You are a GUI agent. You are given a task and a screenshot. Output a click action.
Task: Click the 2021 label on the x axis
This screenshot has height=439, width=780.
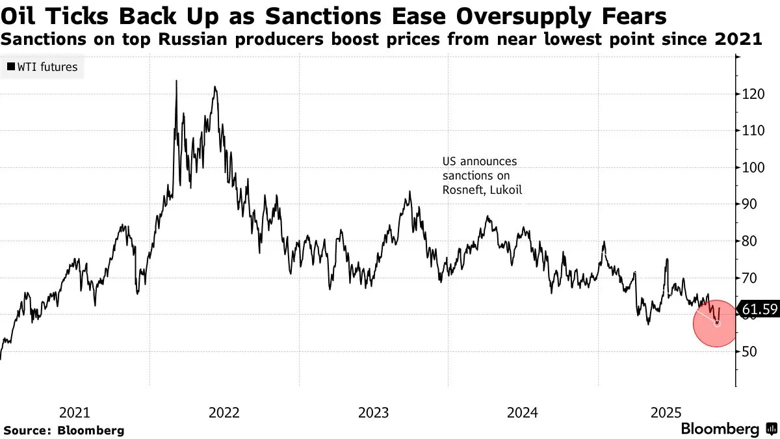point(75,412)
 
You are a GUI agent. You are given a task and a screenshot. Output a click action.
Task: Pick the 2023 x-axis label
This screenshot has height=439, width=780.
point(374,412)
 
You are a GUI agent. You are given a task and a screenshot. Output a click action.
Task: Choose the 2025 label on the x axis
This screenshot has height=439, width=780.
point(666,412)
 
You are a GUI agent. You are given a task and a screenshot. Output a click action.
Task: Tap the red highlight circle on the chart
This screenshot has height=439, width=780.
point(715,323)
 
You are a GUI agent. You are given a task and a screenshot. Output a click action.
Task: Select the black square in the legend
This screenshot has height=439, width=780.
point(12,67)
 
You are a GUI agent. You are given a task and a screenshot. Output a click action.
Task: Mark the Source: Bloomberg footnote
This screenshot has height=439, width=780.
point(64,431)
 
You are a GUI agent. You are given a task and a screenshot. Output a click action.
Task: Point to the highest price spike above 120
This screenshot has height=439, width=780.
point(176,82)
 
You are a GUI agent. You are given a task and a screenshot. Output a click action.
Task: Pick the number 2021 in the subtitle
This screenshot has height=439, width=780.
point(739,40)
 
